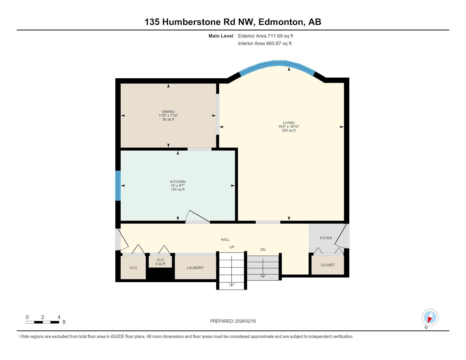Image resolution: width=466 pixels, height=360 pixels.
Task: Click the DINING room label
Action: tap(168, 111)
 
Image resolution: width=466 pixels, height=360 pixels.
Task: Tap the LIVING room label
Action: tap(288, 123)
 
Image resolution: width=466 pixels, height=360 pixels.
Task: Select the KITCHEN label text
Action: tap(178, 182)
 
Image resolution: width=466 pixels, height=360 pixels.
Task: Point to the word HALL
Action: tap(225, 239)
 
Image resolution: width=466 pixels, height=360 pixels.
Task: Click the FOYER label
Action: tap(326, 238)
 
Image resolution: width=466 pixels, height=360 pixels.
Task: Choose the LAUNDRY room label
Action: tap(195, 268)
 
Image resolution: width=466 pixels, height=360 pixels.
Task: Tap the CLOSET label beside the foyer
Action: tap(327, 265)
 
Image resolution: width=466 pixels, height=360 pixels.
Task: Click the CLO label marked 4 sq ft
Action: tap(160, 260)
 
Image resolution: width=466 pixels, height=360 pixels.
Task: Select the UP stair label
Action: tap(232, 247)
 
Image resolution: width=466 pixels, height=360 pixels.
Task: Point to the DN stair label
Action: tap(263, 250)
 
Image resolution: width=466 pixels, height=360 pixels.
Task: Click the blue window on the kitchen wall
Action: tap(118, 186)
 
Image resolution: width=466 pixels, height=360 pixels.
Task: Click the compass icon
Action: tap(430, 317)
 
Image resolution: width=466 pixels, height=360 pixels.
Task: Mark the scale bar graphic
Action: tap(43, 322)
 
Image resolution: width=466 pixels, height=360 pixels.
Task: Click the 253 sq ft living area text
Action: tap(288, 130)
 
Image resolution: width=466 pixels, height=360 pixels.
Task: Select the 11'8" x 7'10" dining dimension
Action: tap(168, 115)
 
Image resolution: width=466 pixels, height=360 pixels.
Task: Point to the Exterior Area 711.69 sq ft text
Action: tap(265, 36)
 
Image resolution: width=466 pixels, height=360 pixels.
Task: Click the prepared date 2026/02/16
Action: tap(245, 321)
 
